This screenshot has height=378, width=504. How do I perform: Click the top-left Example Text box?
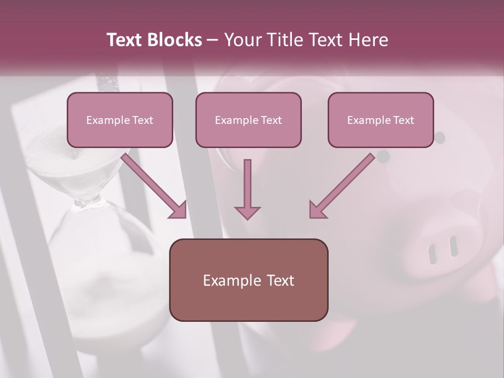(120, 120)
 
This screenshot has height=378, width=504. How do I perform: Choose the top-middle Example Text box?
(248, 120)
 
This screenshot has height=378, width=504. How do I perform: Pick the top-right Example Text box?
(381, 120)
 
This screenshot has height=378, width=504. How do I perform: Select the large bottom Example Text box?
(248, 280)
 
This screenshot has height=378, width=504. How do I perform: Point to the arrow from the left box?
(155, 186)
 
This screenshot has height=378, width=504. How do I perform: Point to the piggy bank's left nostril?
(433, 254)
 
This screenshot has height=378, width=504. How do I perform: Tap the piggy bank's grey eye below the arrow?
(384, 156)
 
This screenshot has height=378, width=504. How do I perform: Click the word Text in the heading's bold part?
(125, 40)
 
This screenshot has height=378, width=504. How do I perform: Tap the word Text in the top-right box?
(403, 120)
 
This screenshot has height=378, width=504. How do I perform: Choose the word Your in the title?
(242, 40)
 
